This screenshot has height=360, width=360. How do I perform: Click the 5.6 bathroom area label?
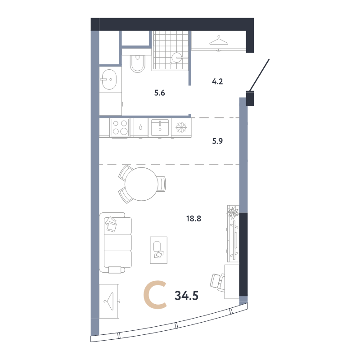tap(160, 93)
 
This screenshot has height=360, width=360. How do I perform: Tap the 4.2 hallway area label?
tap(217, 81)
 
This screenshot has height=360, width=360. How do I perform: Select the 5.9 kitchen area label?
tap(217, 141)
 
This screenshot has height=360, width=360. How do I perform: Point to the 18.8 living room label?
tap(193, 219)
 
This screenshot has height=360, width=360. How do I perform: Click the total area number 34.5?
tap(186, 296)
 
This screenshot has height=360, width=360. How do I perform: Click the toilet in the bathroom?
tap(138, 63)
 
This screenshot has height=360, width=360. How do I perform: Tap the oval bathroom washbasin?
tap(109, 79)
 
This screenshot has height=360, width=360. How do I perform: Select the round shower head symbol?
tap(177, 58)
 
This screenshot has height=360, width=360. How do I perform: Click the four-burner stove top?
tap(120, 127)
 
